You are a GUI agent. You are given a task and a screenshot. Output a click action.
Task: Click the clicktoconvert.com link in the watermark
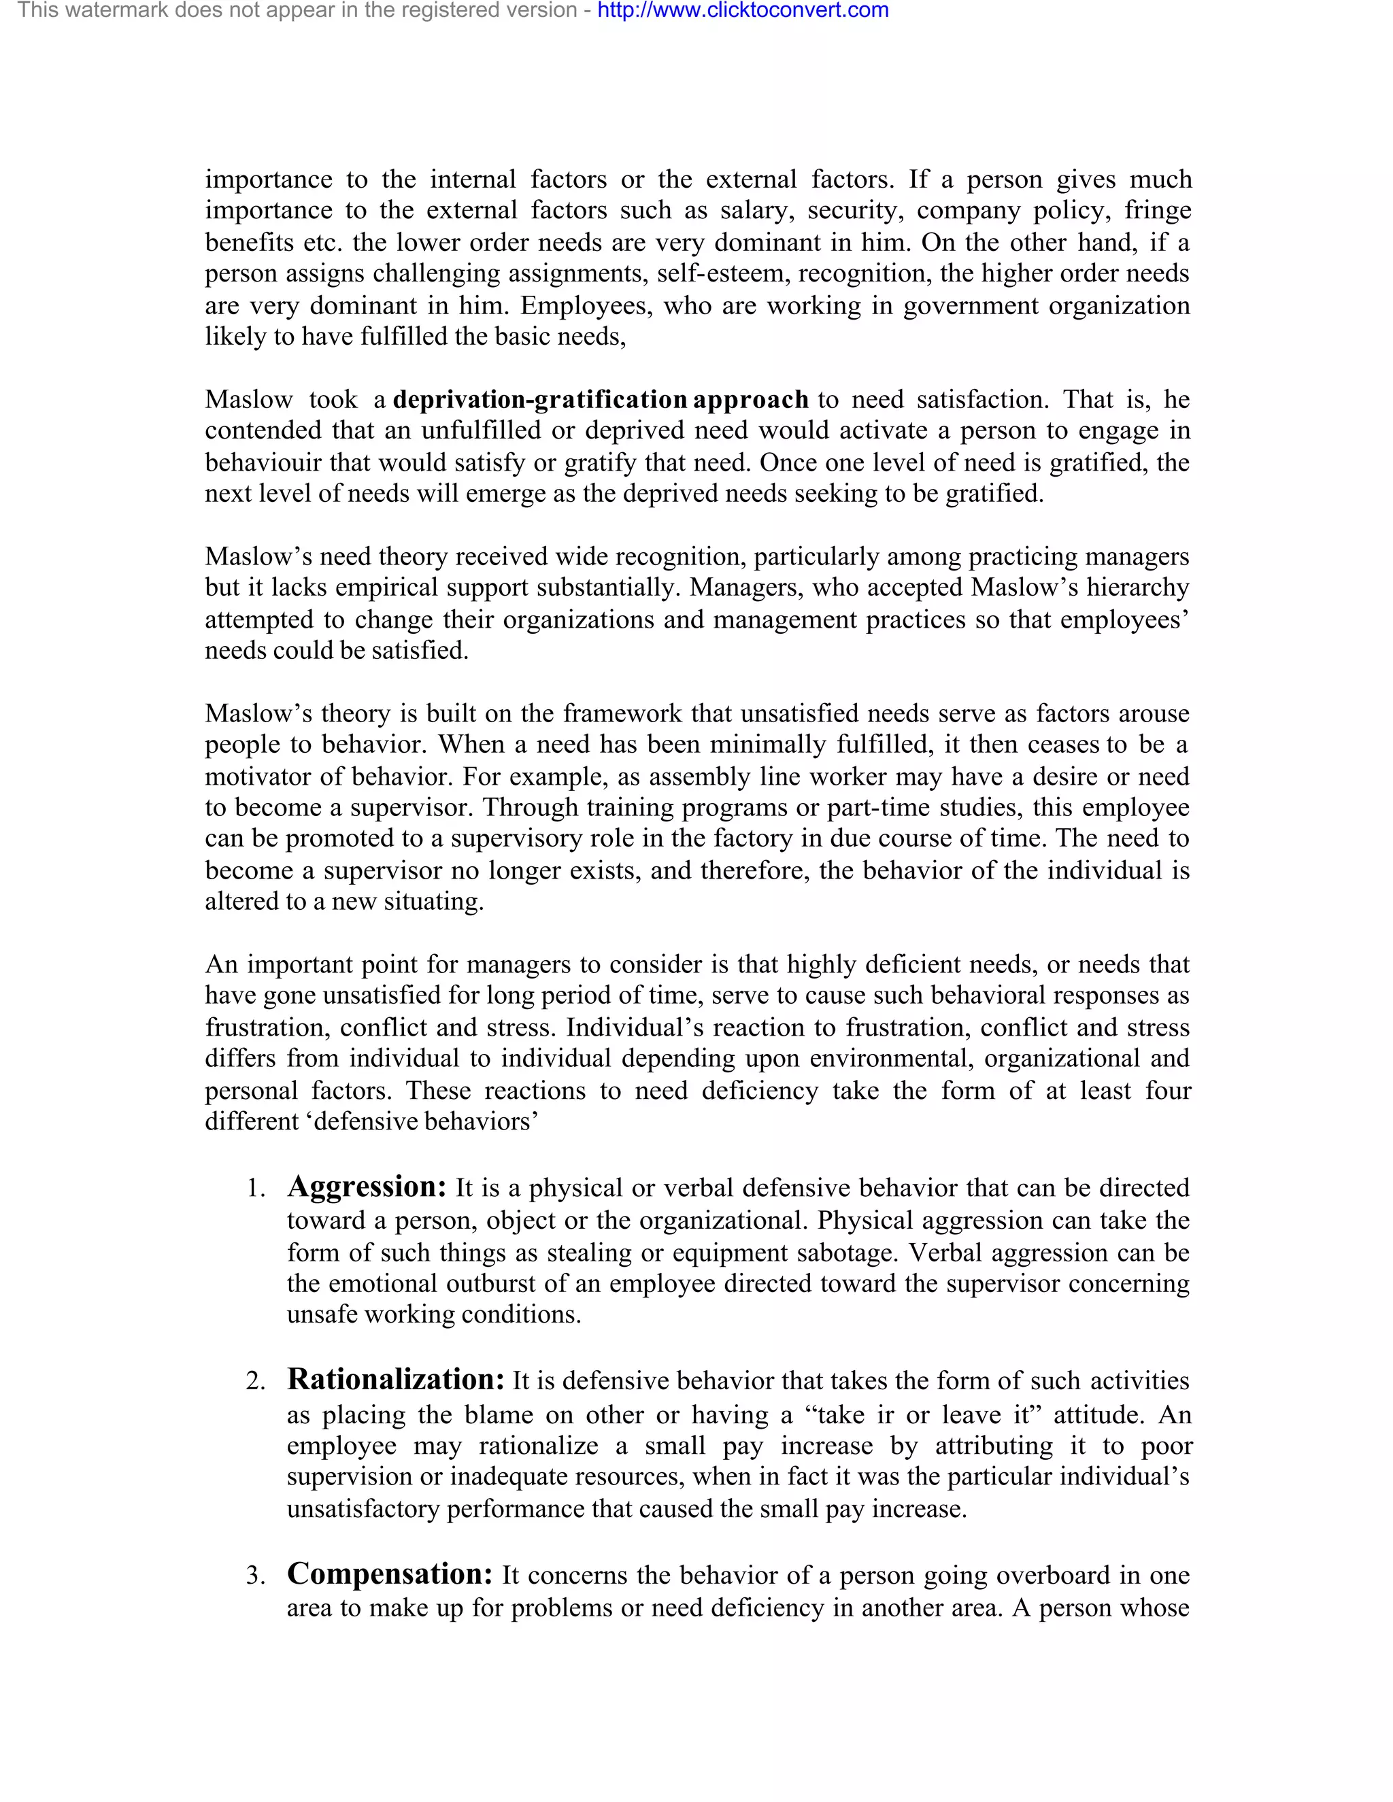click(743, 11)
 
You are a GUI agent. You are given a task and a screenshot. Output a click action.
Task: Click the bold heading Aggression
click(367, 1187)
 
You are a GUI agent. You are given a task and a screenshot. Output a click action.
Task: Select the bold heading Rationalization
click(395, 1380)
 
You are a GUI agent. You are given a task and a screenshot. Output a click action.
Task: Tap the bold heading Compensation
click(390, 1574)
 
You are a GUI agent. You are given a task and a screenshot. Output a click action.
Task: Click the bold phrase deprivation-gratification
click(539, 399)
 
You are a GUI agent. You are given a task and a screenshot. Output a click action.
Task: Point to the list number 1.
click(255, 1189)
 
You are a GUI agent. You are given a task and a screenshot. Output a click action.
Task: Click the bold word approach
click(751, 399)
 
